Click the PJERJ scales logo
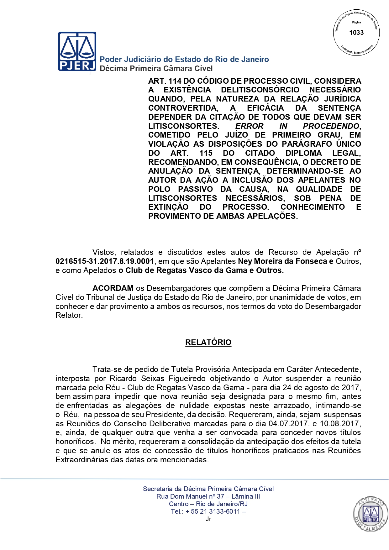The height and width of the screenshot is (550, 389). click(77, 51)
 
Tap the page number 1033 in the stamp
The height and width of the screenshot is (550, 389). click(356, 33)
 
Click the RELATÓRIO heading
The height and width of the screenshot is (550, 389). click(208, 342)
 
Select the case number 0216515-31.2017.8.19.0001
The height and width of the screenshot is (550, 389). click(105, 261)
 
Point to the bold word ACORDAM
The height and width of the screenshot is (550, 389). click(113, 288)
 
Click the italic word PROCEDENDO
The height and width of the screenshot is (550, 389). click(331, 126)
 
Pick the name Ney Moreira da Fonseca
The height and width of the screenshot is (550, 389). click(282, 261)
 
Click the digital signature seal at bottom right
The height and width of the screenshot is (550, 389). click(371, 514)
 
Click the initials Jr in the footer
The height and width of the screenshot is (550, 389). click(208, 519)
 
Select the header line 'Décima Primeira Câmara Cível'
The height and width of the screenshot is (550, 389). click(156, 69)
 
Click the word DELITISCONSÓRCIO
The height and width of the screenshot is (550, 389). click(260, 90)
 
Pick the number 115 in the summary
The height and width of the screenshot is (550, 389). click(206, 153)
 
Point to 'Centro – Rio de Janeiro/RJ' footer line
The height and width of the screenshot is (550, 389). click(208, 504)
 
